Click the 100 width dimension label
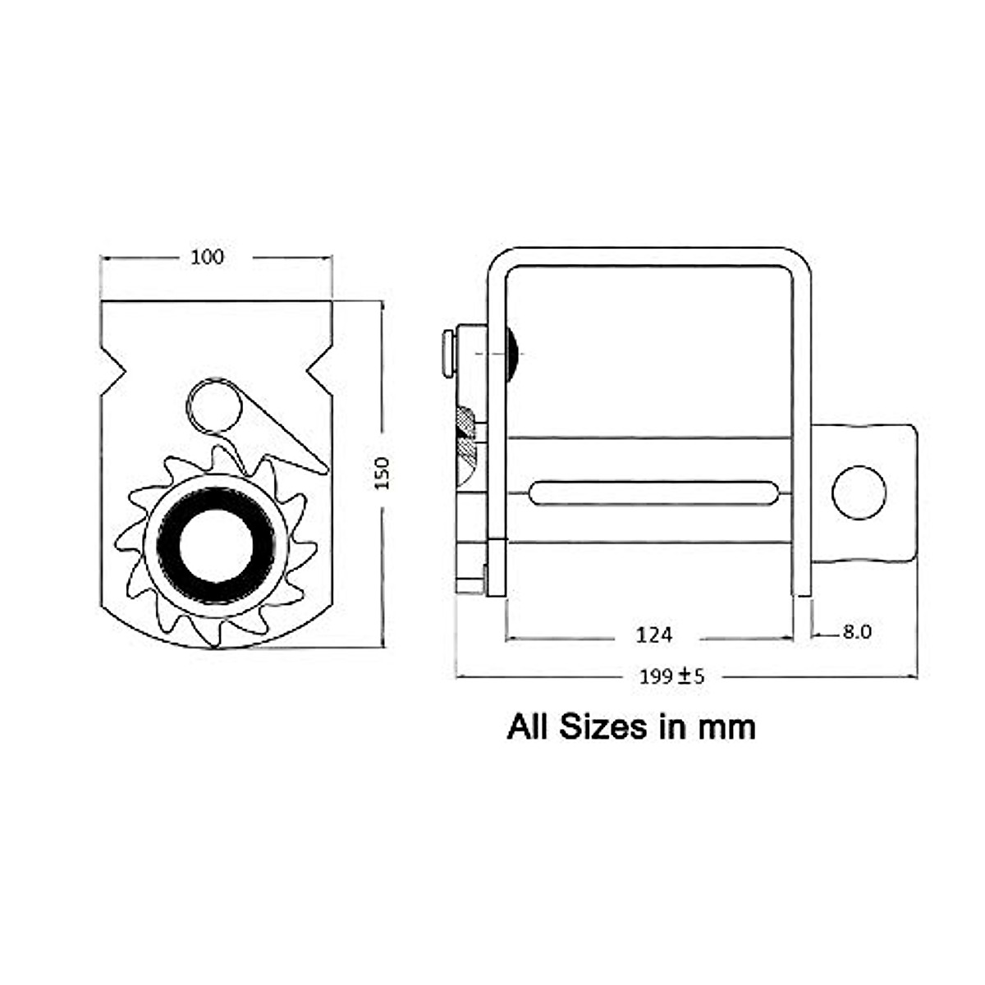(207, 257)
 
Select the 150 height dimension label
(382, 474)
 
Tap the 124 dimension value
(653, 634)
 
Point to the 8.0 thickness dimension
(855, 632)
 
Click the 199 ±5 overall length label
(671, 676)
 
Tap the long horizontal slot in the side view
(653, 492)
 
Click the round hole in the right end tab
(859, 492)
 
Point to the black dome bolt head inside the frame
(515, 354)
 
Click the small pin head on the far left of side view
(448, 354)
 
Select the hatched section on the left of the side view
(466, 435)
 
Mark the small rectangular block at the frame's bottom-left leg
(497, 567)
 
